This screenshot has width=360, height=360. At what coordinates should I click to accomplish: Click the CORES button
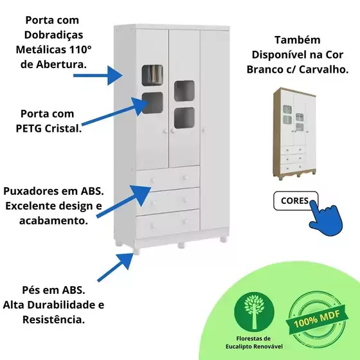(x=296, y=201)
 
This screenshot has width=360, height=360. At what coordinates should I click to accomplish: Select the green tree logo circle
(x=254, y=312)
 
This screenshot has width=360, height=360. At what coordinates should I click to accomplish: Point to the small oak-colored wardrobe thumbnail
(x=294, y=134)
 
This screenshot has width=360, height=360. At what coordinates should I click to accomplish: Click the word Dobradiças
(x=54, y=35)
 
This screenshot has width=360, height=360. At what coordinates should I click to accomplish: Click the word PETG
(x=29, y=129)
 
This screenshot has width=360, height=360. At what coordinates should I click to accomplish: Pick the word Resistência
(x=53, y=319)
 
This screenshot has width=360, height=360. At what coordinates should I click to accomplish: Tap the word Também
(x=298, y=40)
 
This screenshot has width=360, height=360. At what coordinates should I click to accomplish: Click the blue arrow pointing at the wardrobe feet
(x=116, y=267)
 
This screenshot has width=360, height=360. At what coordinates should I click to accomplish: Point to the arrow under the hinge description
(x=98, y=75)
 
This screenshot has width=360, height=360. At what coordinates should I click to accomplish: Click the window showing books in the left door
(x=152, y=75)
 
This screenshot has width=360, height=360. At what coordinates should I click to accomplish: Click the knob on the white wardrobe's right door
(x=203, y=130)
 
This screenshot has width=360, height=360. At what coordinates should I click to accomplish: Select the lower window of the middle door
(x=184, y=118)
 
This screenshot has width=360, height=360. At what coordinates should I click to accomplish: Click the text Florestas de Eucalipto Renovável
(x=254, y=342)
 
